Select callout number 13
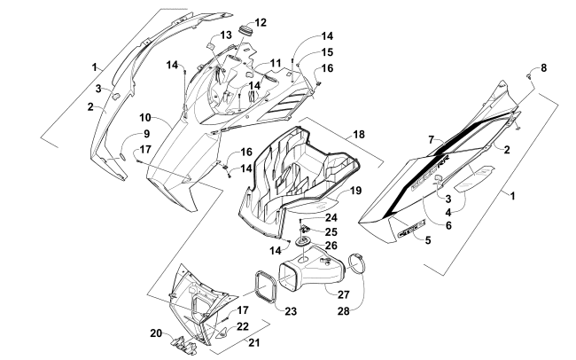226,35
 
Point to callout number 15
302,53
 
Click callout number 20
156,333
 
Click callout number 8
544,68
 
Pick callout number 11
263,64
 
